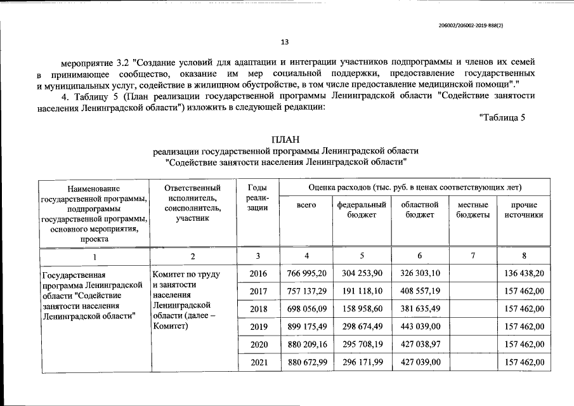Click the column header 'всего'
pyautogui.click(x=306, y=206)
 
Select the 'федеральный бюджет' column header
pyautogui.click(x=362, y=210)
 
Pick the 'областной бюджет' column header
pyautogui.click(x=419, y=210)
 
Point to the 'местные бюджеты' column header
pyautogui.click(x=473, y=210)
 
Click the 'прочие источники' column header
pyautogui.click(x=524, y=210)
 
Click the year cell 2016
pyautogui.click(x=258, y=273)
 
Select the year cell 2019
pyautogui.click(x=258, y=327)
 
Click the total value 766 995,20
pyautogui.click(x=306, y=273)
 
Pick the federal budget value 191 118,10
pyautogui.click(x=362, y=291)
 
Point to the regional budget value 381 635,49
pyautogui.click(x=419, y=309)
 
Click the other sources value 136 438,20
pyautogui.click(x=524, y=273)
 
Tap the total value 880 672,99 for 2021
pyautogui.click(x=306, y=362)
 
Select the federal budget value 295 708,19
pyautogui.click(x=362, y=344)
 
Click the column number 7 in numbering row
pyautogui.click(x=473, y=256)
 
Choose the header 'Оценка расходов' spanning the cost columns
pyautogui.click(x=415, y=188)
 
